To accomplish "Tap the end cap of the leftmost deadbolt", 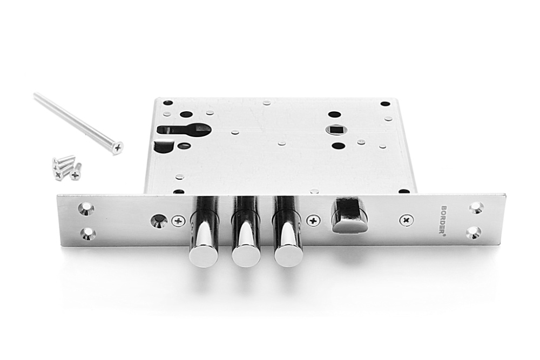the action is [204, 256].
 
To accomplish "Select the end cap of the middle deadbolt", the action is [246, 256].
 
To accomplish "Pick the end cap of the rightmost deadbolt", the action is [288, 256].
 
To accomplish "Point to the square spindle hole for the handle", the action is [336, 130].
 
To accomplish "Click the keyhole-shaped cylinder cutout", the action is [184, 130].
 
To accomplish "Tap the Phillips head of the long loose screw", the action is [118, 148].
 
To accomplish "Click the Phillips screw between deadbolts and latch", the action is [313, 221].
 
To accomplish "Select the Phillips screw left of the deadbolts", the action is [178, 221].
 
